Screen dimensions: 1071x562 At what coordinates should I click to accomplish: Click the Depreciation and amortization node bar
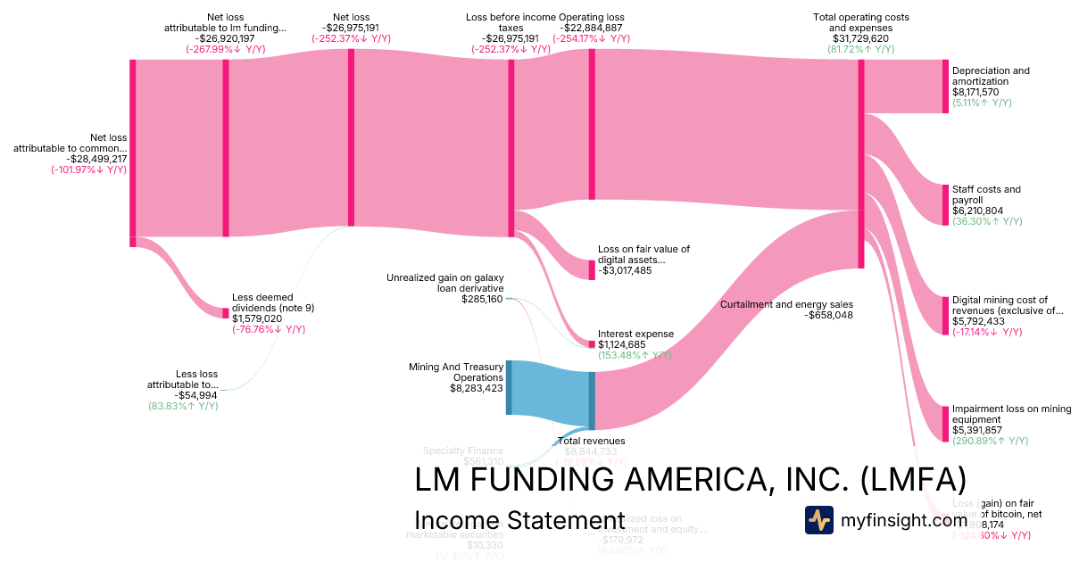point(945,87)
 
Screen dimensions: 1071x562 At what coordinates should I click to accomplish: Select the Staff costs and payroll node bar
point(945,204)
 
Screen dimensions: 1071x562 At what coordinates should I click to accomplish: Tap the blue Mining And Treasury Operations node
point(510,387)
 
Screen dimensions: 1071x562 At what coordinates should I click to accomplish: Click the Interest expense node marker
point(591,343)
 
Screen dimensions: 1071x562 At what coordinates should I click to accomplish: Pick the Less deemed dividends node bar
point(226,313)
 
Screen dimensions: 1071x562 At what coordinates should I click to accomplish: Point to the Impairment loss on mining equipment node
point(945,423)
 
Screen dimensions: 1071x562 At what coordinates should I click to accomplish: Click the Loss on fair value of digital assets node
point(591,269)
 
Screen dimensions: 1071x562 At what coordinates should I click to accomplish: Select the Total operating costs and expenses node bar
point(861,164)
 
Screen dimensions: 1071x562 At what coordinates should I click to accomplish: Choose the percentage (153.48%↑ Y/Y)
point(635,356)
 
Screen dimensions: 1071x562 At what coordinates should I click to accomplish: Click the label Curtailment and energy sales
point(786,304)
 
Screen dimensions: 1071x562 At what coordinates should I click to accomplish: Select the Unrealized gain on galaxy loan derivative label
point(445,283)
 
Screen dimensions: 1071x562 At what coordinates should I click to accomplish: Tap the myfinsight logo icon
point(819,519)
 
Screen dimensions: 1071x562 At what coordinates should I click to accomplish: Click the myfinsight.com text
point(904,519)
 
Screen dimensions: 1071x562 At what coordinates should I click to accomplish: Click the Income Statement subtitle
point(519,521)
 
